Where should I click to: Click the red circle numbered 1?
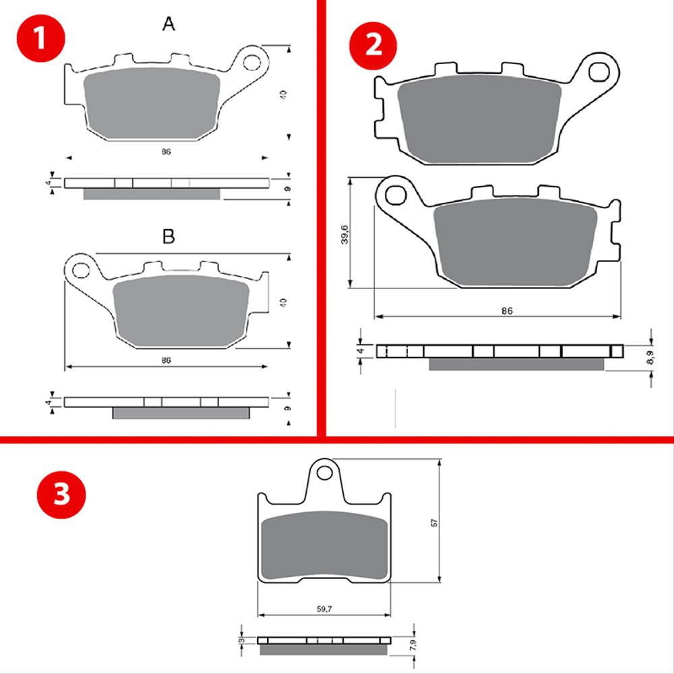pos(40,39)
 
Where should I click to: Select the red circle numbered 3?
pos(61,494)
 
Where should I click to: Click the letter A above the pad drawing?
pos(168,25)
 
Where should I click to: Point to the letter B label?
pos(168,237)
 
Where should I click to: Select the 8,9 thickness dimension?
pos(650,358)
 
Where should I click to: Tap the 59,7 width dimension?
pos(324,609)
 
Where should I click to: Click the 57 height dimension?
pos(435,522)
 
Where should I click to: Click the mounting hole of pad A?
pos(252,63)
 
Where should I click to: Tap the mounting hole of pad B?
pos(80,271)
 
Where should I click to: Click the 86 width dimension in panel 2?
pos(508,311)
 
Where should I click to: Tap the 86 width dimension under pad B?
pos(166,361)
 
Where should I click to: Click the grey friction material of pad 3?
pos(324,547)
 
